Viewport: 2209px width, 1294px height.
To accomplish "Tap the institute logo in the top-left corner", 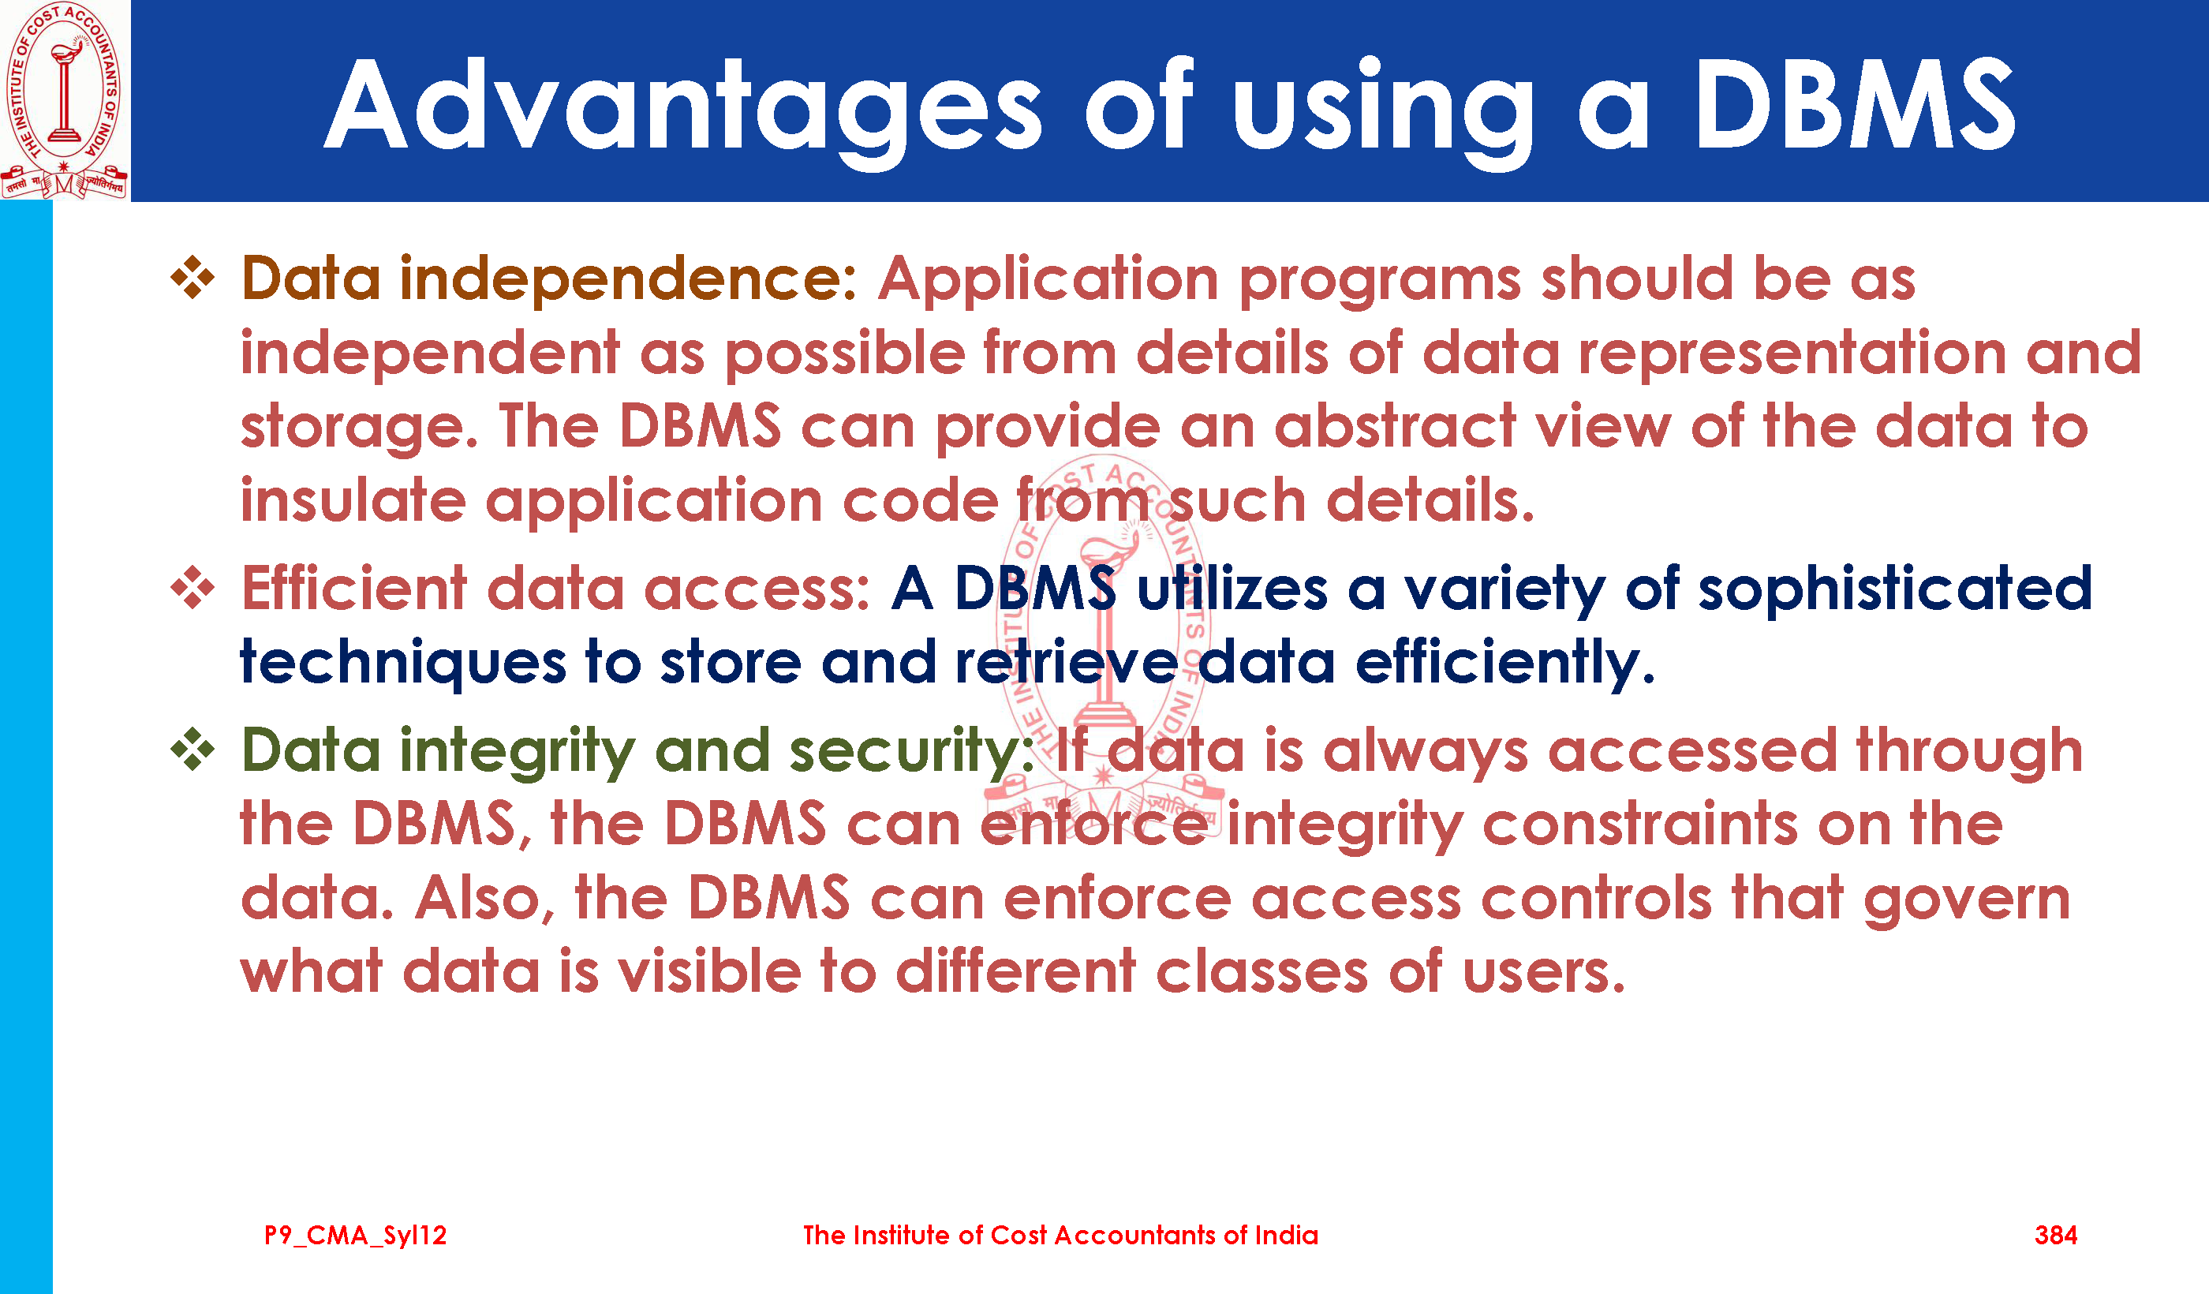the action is coord(64,100).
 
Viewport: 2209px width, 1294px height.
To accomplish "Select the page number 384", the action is coord(2056,1236).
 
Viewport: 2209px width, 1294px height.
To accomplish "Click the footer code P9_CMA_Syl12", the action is coord(355,1236).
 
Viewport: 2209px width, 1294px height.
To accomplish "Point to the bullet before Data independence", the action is coord(192,279).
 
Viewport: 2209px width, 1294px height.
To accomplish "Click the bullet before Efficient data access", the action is coord(192,587).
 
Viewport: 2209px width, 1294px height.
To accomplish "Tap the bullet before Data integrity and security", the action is coord(192,750).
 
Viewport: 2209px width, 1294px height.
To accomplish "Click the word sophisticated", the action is coord(1895,589).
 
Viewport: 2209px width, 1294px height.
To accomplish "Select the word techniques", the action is coord(403,664).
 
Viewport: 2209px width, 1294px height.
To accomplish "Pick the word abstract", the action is coord(1395,428).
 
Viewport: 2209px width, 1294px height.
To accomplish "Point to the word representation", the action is coord(1792,354).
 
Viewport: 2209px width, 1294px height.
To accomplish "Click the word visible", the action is coord(709,972).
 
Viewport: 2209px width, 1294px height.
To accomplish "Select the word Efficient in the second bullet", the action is coord(354,589).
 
